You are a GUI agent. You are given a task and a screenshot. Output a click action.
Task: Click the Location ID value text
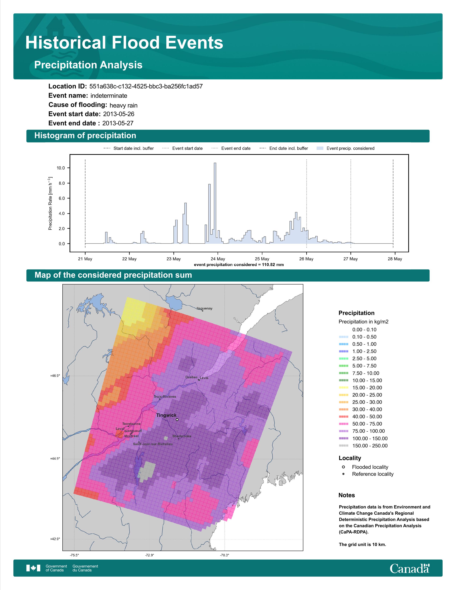pyautogui.click(x=146, y=87)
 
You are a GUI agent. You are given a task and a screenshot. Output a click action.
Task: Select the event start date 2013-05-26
pyautogui.click(x=119, y=114)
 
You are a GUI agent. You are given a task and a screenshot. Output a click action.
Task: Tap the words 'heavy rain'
pyautogui.click(x=123, y=105)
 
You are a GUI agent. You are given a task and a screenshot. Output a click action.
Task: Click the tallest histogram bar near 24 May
pyautogui.click(x=215, y=203)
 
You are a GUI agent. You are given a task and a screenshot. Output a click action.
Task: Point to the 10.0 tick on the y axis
pyautogui.click(x=61, y=168)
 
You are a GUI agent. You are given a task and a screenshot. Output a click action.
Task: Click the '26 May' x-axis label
pyautogui.click(x=306, y=259)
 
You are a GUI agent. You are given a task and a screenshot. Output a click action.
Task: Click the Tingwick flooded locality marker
pyautogui.click(x=177, y=420)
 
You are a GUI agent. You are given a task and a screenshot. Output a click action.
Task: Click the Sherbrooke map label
pyautogui.click(x=182, y=436)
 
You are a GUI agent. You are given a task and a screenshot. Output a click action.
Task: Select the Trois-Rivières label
pyautogui.click(x=165, y=397)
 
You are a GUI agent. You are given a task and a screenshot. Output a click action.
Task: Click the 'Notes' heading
pyautogui.click(x=347, y=495)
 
